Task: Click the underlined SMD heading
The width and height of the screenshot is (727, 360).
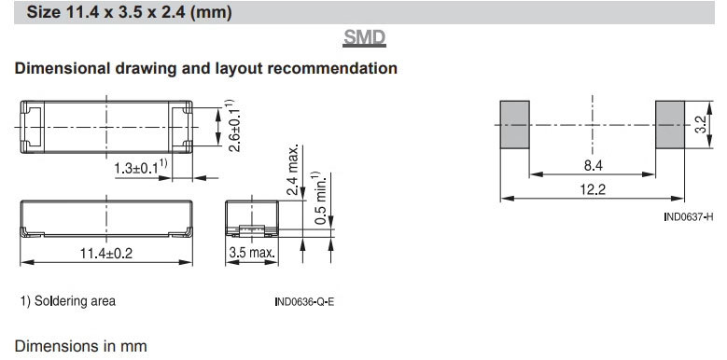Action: [x=364, y=38]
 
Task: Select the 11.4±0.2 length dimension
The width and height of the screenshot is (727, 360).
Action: [x=106, y=254]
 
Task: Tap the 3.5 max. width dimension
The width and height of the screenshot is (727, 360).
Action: [x=252, y=254]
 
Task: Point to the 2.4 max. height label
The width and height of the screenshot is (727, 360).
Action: [x=292, y=170]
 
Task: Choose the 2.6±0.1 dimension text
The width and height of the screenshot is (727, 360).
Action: [x=233, y=125]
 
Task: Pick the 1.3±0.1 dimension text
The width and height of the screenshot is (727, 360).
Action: [x=141, y=167]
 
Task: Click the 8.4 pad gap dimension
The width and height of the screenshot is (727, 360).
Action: [x=593, y=165]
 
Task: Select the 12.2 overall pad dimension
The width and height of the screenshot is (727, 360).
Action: [x=593, y=189]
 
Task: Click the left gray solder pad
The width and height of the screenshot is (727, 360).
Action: [x=514, y=125]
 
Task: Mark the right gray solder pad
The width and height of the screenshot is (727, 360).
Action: [x=670, y=125]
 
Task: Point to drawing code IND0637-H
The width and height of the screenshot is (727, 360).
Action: [x=689, y=216]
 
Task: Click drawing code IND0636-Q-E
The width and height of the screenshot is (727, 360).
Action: [x=304, y=302]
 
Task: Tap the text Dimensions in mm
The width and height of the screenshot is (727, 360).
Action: [x=80, y=346]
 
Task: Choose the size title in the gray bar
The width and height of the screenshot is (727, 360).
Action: [x=129, y=12]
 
